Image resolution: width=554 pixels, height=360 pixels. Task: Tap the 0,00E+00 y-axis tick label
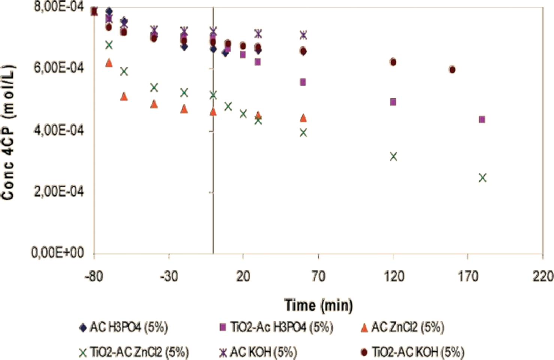58,253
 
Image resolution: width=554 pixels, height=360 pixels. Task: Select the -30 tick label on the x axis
169,276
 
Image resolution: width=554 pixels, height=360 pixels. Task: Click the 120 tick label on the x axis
393,276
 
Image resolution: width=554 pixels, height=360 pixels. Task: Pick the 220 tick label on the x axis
542,276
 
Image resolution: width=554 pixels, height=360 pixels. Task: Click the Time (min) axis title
318,305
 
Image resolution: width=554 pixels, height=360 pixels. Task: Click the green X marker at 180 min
482,178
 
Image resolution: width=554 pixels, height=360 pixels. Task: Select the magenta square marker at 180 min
482,120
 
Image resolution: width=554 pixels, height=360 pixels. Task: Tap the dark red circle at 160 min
452,70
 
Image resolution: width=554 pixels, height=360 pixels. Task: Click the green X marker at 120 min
393,157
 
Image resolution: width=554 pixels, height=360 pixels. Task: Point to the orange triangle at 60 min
303,118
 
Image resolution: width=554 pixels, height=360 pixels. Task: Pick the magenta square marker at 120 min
393,102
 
